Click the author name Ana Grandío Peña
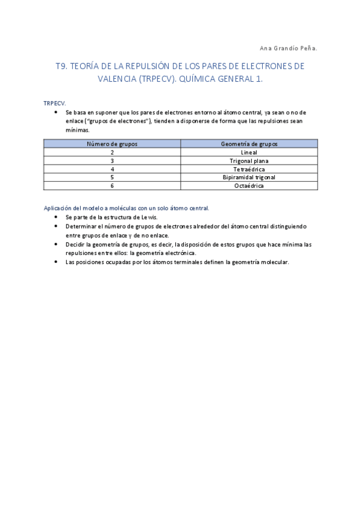288,48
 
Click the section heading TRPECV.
55,103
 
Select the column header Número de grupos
112,144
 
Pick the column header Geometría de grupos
249,144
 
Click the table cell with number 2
112,153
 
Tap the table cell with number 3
112,161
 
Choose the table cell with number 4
112,170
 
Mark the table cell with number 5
112,177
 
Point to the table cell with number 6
112,186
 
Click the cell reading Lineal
249,153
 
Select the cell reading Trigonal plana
249,161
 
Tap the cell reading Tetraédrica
249,170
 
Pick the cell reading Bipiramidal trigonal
249,177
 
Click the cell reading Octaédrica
249,186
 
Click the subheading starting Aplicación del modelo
127,208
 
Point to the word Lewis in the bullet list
149,217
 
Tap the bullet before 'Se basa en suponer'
55,112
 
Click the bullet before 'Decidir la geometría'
55,244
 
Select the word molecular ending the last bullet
275,262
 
